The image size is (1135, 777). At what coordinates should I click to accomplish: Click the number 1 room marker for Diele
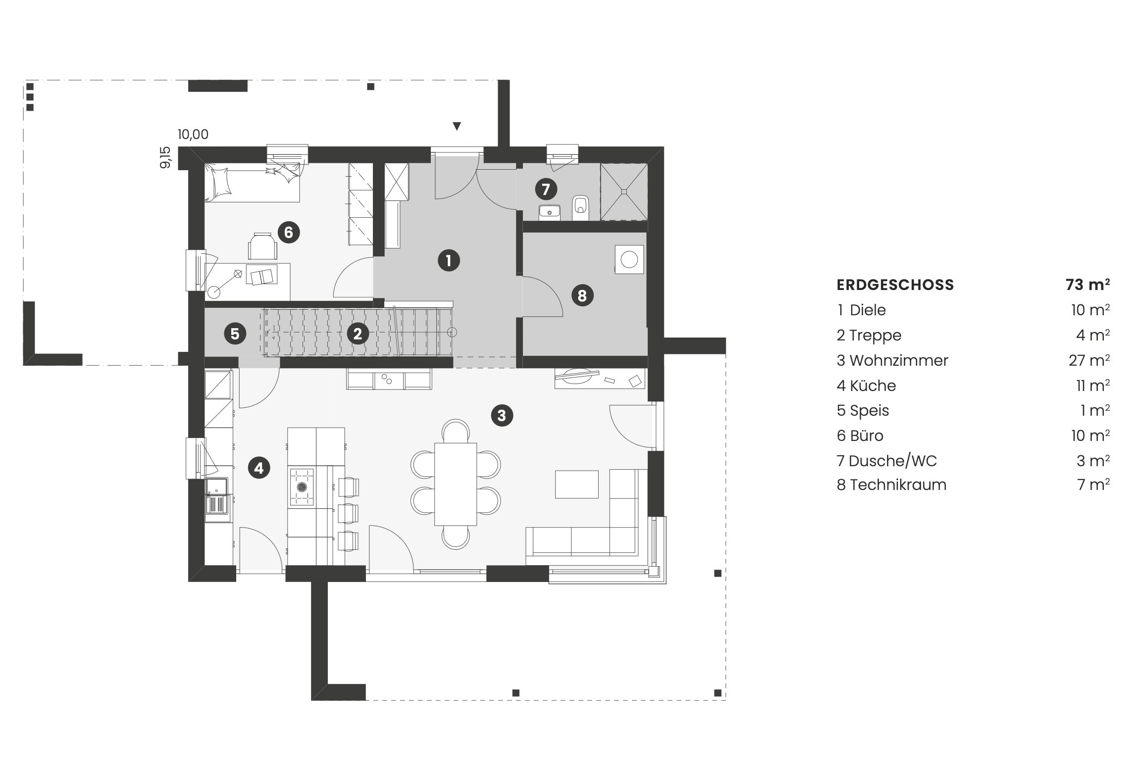tap(449, 260)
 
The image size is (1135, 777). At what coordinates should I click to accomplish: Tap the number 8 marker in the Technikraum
tap(582, 295)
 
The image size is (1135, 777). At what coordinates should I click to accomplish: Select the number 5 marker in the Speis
tap(235, 334)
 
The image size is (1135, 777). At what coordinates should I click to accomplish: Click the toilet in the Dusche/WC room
tap(580, 208)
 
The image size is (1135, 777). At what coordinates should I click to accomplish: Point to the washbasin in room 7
tap(549, 212)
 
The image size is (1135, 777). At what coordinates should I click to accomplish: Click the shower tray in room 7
tap(624, 192)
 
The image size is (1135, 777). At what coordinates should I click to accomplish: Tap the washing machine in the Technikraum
tap(629, 259)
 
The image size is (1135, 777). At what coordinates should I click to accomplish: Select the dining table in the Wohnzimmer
tap(456, 484)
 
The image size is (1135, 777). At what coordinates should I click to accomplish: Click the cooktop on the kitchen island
tap(302, 487)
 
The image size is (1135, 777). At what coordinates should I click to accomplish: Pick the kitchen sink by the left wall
tap(217, 499)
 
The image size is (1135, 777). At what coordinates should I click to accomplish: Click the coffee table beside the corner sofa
tap(576, 484)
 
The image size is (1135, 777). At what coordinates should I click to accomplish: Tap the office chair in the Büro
tap(262, 246)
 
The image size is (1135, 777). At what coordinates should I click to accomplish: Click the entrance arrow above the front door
tap(457, 126)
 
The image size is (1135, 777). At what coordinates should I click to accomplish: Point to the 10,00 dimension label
tap(193, 134)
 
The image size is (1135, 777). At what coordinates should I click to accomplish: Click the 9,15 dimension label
tap(165, 157)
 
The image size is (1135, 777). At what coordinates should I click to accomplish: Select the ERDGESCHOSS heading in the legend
tap(895, 285)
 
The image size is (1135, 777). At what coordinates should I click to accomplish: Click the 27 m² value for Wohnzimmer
tap(1089, 360)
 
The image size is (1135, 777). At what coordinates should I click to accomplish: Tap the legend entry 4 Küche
tap(867, 386)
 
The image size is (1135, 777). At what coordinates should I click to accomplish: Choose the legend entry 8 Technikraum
tap(891, 485)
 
